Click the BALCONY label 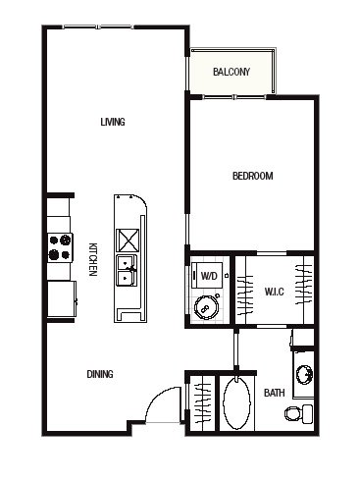coord(231,72)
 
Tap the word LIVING coord(113,122)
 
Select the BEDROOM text coord(253,176)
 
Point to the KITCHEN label coord(93,259)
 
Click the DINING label coord(100,374)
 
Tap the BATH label coord(274,393)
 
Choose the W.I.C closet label coord(274,292)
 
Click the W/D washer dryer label coord(209,276)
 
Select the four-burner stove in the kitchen coord(60,247)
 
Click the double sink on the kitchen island coord(128,270)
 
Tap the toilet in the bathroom coord(299,413)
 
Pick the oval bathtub coord(236,402)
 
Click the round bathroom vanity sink coord(304,374)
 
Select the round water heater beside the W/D coord(206,307)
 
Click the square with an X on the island coord(128,240)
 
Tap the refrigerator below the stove coord(62,298)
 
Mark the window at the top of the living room coord(98,27)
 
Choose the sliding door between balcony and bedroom coord(234,97)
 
